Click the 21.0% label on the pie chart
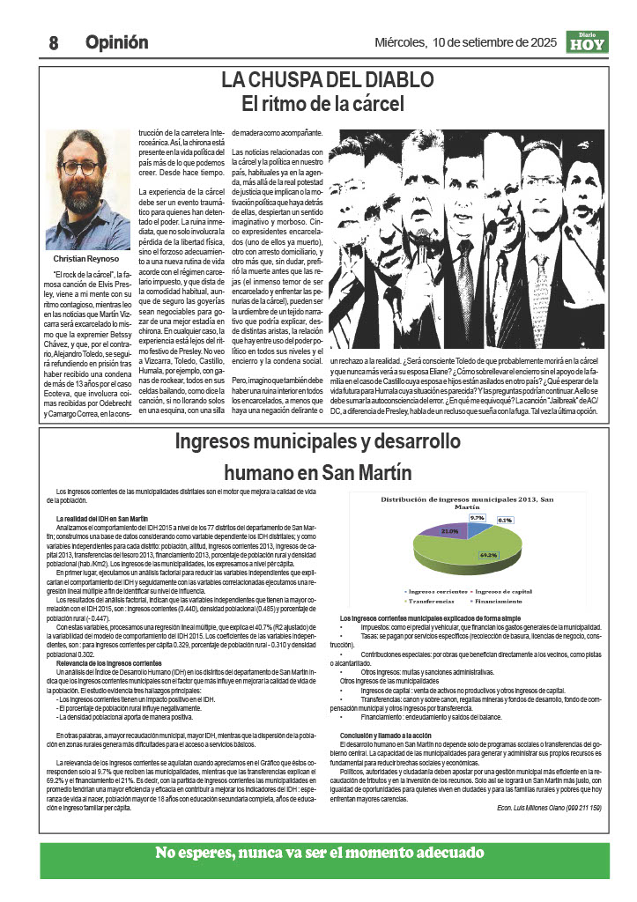pos(449,531)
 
